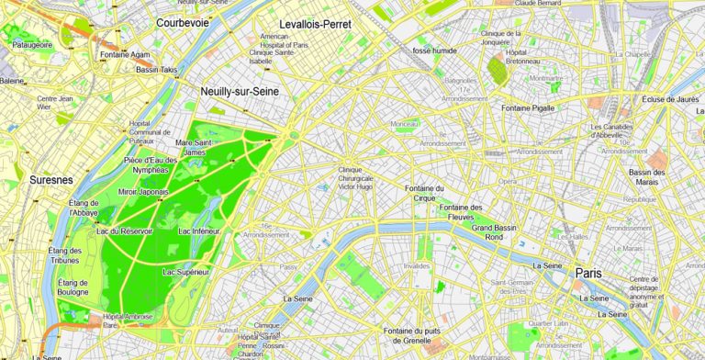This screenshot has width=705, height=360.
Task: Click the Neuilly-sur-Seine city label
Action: [240, 92]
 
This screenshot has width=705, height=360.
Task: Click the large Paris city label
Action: [587, 273]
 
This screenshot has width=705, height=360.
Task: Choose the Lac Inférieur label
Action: [199, 231]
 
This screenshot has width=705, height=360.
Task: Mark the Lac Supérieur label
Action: [186, 272]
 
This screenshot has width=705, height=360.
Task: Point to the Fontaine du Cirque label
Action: [425, 193]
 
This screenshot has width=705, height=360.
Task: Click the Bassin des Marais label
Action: [652, 176]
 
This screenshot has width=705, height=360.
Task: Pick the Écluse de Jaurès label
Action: [672, 98]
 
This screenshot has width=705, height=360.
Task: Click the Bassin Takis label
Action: [156, 70]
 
